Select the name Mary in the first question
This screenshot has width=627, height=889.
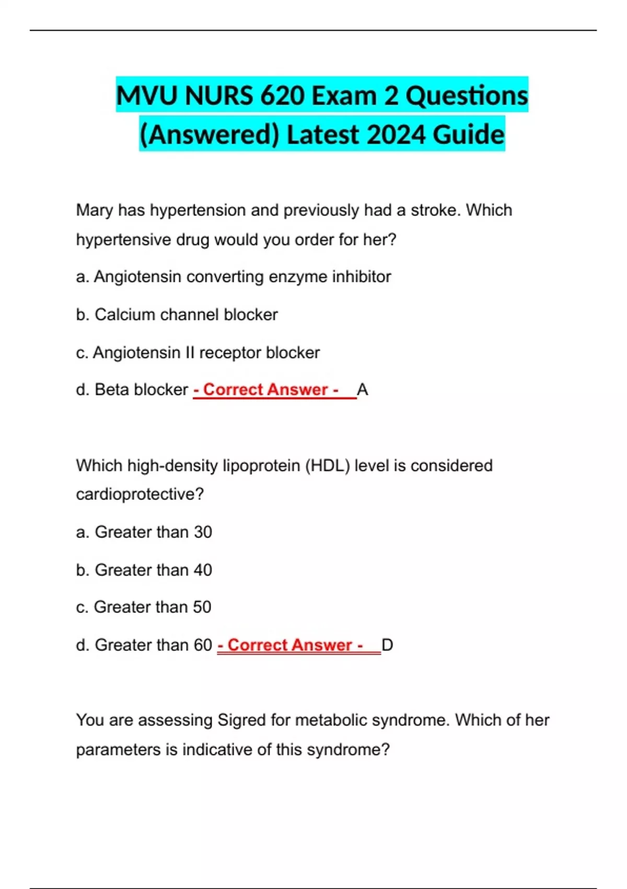(x=95, y=210)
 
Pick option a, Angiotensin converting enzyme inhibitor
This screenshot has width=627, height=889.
(x=234, y=277)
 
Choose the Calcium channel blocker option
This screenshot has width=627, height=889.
(x=177, y=315)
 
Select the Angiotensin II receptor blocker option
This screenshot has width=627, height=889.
(x=198, y=353)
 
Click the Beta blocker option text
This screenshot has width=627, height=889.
(x=132, y=390)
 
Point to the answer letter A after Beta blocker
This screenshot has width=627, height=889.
(x=362, y=390)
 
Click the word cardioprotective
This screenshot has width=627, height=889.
(x=140, y=494)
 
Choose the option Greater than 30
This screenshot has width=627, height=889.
(x=144, y=532)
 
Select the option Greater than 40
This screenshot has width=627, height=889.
(x=144, y=570)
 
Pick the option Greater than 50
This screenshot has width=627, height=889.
(x=144, y=607)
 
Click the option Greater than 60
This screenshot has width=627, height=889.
(x=144, y=645)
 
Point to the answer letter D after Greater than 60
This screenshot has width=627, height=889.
(x=387, y=645)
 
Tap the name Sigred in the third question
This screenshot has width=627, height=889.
(x=241, y=720)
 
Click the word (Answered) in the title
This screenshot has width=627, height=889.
(x=210, y=134)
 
